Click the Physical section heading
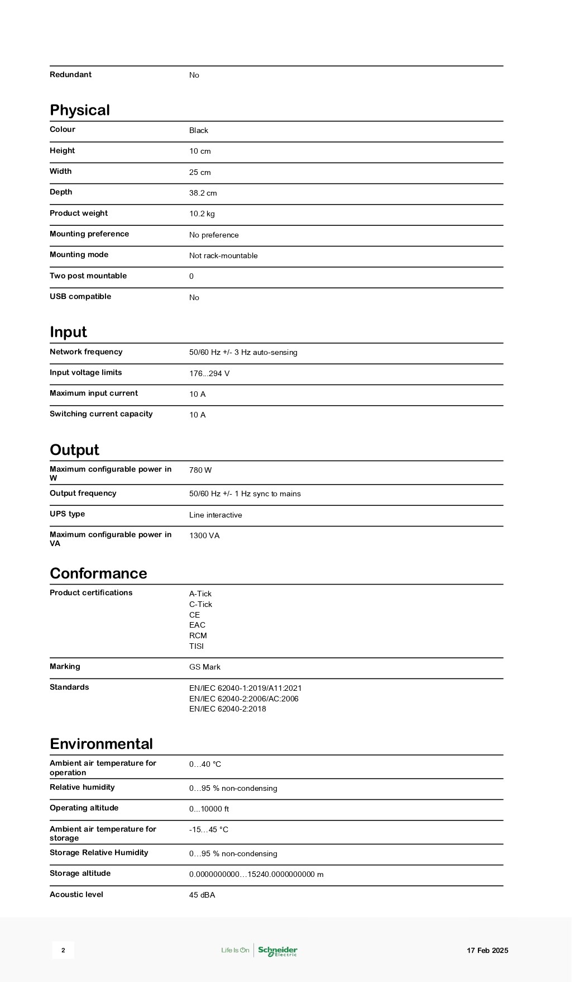(x=80, y=110)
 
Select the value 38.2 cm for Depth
(x=203, y=193)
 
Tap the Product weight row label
(x=79, y=213)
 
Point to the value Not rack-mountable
(x=223, y=255)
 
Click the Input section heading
(x=68, y=332)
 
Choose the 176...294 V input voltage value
(x=209, y=373)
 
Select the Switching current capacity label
(x=101, y=414)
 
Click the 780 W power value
(x=200, y=470)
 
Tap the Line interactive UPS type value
(x=216, y=515)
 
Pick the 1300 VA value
(x=204, y=535)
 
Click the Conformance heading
(x=98, y=573)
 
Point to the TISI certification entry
(x=197, y=646)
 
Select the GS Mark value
(x=205, y=667)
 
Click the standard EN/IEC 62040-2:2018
(x=228, y=709)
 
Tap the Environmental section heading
(x=101, y=744)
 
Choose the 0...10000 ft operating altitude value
(x=209, y=809)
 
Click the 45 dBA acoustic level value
(x=202, y=895)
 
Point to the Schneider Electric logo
(x=277, y=950)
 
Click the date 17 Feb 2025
(x=487, y=950)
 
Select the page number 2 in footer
(x=63, y=950)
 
